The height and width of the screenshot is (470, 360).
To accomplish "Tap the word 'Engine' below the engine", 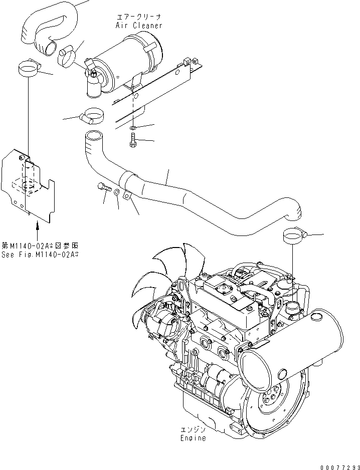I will click(x=193, y=438).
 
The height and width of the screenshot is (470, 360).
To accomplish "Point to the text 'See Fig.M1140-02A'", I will click(x=40, y=254).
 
